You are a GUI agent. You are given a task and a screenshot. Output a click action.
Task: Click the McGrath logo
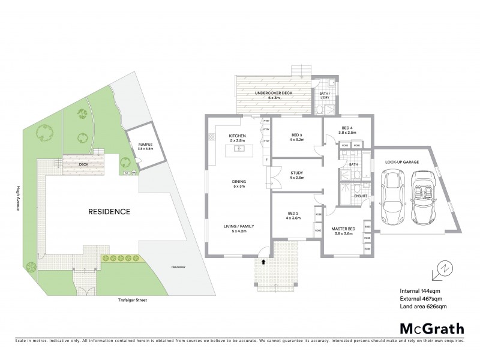pyautogui.click(x=431, y=328)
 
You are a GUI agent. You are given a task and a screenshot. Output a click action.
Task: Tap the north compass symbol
pyautogui.click(x=442, y=271)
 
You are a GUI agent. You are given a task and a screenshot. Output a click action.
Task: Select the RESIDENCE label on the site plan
pyautogui.click(x=109, y=211)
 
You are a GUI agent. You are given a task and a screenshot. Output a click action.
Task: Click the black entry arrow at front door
pyautogui.click(x=265, y=262)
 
